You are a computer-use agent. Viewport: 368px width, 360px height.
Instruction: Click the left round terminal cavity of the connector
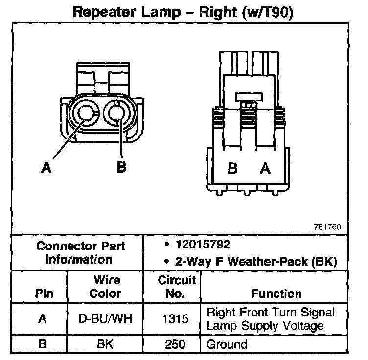(86, 113)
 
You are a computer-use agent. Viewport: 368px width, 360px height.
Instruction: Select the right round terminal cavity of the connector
(117, 113)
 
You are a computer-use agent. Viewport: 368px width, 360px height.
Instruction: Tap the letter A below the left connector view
(46, 168)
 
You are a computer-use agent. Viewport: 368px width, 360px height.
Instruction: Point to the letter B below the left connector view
(121, 167)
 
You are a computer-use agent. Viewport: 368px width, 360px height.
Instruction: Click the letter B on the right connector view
(233, 169)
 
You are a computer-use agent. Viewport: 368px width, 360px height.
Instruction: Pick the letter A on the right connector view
(265, 169)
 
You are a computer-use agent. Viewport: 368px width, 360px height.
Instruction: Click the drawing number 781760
(327, 227)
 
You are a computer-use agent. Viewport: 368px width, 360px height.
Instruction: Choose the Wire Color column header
(107, 287)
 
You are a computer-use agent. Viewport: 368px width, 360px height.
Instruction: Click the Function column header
(276, 294)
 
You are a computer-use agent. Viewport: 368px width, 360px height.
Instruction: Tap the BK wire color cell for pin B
(106, 344)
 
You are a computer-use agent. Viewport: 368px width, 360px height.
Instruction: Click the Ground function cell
(227, 344)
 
